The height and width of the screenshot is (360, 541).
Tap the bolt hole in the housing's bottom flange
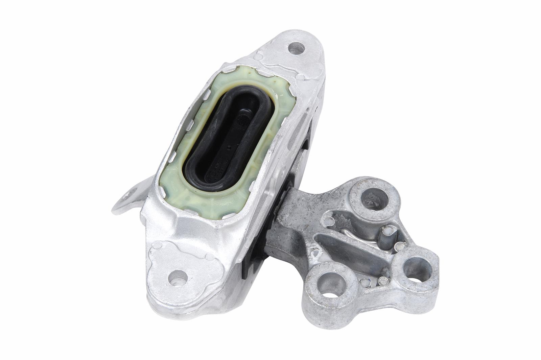(178, 278)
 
